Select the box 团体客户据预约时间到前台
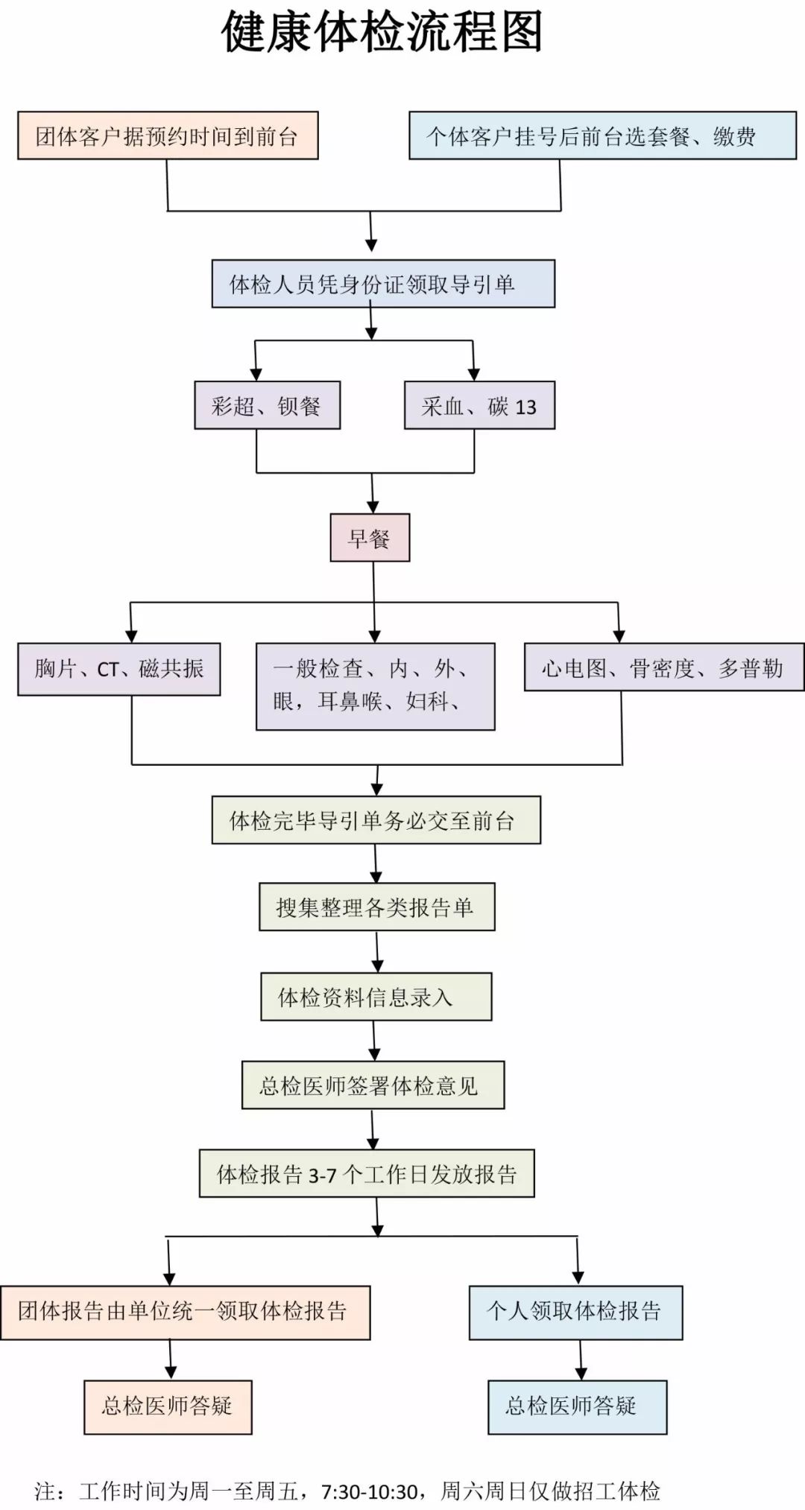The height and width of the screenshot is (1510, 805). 168,136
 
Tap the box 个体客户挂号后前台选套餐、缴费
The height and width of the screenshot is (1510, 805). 602,136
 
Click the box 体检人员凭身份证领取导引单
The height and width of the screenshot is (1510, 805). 383,284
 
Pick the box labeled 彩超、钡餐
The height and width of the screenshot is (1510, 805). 267,405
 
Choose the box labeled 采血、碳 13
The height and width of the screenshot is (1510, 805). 479,405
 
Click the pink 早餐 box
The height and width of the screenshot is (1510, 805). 370,538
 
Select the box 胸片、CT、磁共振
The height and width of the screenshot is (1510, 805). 119,669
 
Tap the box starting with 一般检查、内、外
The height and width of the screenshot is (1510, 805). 375,686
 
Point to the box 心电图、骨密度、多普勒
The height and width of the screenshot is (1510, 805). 663,668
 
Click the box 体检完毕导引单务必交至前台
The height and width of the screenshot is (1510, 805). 376,820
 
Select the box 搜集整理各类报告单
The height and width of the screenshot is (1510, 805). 376,907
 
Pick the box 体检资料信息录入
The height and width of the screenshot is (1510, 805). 376,996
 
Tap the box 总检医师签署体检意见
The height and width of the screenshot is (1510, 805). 373,1085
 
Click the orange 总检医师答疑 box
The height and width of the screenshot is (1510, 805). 168,1406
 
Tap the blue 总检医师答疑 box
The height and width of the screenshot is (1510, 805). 577,1406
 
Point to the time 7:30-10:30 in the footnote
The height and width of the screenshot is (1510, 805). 369,1492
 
